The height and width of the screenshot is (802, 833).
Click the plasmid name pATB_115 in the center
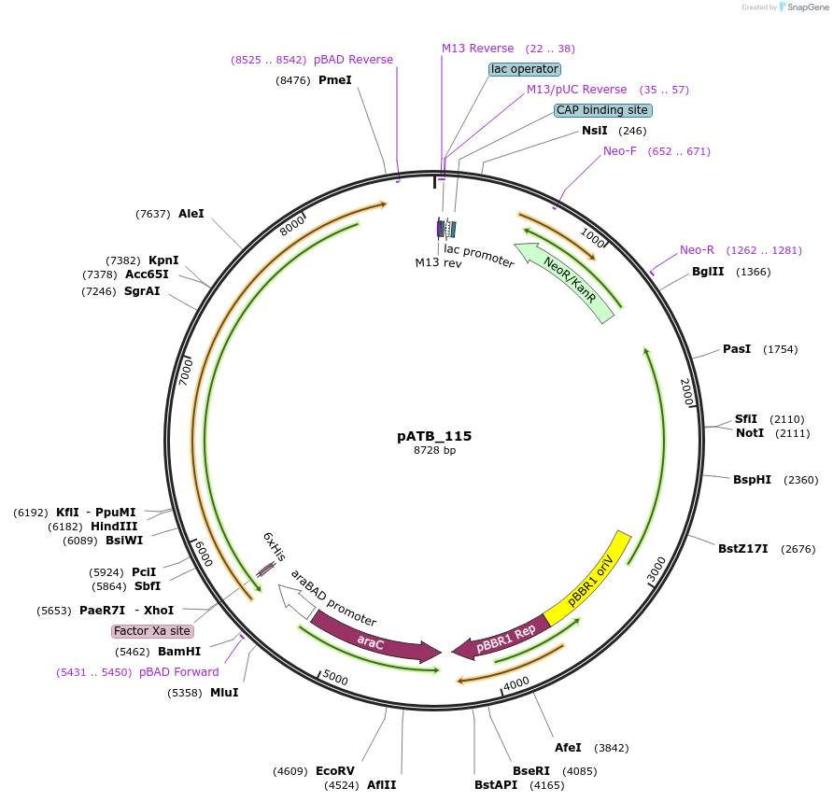434,436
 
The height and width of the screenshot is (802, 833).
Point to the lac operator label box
525,69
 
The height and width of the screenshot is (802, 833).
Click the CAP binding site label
603,110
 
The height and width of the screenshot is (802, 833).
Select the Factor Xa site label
152,631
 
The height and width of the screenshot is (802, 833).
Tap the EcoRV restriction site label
334,770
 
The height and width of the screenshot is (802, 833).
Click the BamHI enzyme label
179,651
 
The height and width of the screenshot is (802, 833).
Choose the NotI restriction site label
750,433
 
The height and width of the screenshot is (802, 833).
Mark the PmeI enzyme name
334,80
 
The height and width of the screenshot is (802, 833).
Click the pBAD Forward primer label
179,672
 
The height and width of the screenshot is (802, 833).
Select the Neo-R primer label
697,250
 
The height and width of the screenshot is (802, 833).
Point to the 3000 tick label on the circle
657,569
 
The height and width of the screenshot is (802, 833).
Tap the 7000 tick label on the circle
186,373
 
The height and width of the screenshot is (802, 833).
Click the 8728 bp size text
434,450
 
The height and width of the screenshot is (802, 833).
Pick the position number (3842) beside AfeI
612,748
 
